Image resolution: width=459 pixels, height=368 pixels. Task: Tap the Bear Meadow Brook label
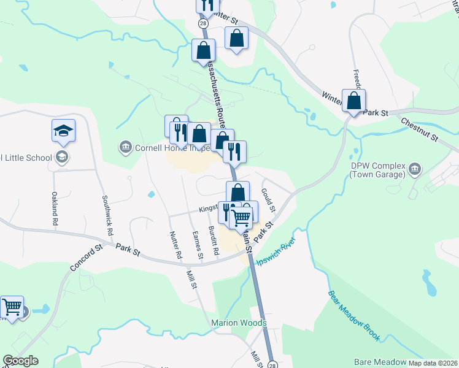point(355,316)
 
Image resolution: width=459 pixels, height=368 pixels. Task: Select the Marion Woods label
point(239,323)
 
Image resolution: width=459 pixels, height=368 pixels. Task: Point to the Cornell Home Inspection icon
point(125,147)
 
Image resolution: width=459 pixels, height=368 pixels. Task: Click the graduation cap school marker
point(63,131)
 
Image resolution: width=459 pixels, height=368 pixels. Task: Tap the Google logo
point(20,361)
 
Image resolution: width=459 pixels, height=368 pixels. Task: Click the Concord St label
point(85,260)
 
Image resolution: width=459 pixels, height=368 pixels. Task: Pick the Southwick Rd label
point(107,215)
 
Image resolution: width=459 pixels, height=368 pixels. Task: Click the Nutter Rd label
point(175,242)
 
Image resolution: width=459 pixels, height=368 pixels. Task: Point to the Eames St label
point(198,242)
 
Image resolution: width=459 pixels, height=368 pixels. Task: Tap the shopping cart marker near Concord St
point(12,307)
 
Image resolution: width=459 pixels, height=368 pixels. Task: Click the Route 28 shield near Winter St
point(202,23)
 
